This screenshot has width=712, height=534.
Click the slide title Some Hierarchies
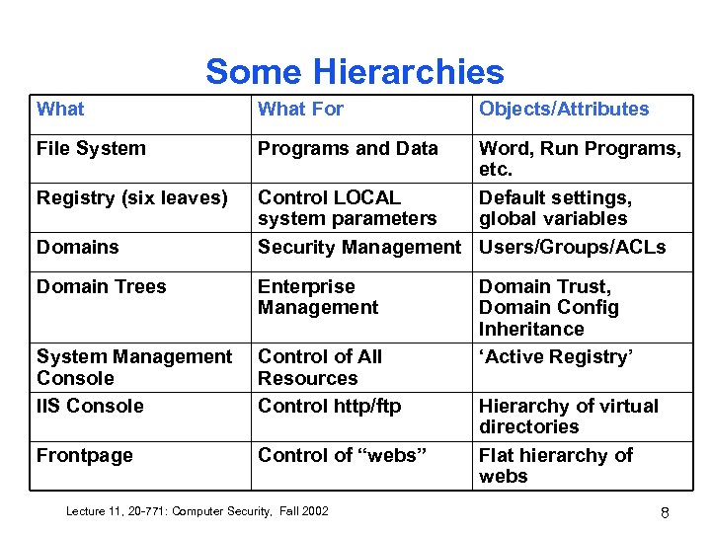[x=355, y=71]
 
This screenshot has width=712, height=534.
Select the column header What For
[x=300, y=110]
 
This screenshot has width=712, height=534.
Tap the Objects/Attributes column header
[x=564, y=110]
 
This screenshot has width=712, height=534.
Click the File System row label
[x=91, y=149]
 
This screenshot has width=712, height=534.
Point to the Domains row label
[x=77, y=247]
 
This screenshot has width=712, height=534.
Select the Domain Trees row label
[x=102, y=287]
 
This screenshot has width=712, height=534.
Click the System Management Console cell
[x=134, y=367]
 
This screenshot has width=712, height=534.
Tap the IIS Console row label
[x=90, y=406]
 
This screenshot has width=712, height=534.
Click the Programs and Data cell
[x=348, y=149]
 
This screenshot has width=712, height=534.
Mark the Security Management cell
[x=358, y=247]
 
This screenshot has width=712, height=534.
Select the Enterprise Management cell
[x=318, y=297]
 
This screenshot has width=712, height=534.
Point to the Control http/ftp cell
[x=331, y=406]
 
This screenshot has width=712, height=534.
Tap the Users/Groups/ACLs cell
[x=572, y=247]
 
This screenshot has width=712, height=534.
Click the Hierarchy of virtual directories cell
[x=568, y=416]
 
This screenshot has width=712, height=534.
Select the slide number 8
[x=665, y=512]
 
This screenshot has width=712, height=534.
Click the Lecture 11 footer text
[x=197, y=510]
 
